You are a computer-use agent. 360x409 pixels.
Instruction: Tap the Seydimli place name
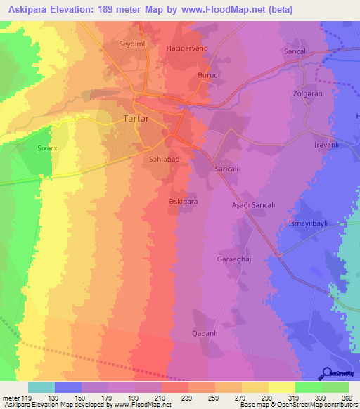pyautogui.click(x=133, y=44)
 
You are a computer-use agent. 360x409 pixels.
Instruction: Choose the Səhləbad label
pyautogui.click(x=166, y=160)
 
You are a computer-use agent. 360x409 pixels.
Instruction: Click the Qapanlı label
pyautogui.click(x=207, y=333)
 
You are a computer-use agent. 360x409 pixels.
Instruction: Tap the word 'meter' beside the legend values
pyautogui.click(x=11, y=398)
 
